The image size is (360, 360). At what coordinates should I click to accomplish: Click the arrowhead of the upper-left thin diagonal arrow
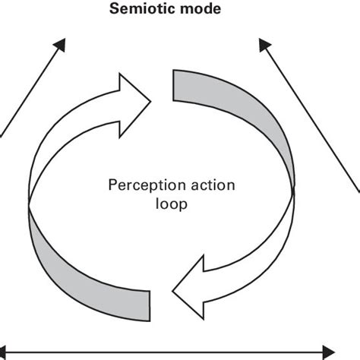(62, 45)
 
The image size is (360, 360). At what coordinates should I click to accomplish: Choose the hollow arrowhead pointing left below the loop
(189, 289)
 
